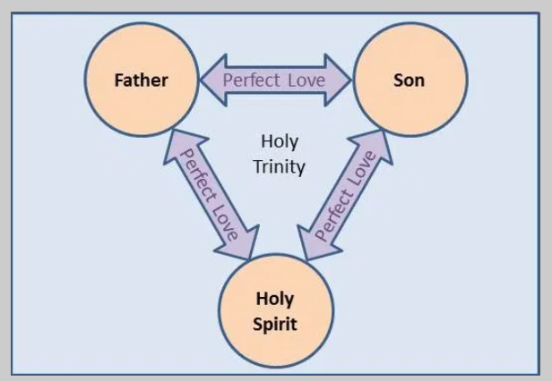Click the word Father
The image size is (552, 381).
point(141,80)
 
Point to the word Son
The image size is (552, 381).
point(409,80)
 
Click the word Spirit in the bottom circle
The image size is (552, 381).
point(276,323)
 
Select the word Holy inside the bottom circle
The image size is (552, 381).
point(276,300)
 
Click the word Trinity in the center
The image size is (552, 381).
point(279,166)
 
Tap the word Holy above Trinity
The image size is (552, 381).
point(279,142)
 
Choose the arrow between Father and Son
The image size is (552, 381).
point(274,80)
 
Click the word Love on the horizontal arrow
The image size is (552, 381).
point(306,80)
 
